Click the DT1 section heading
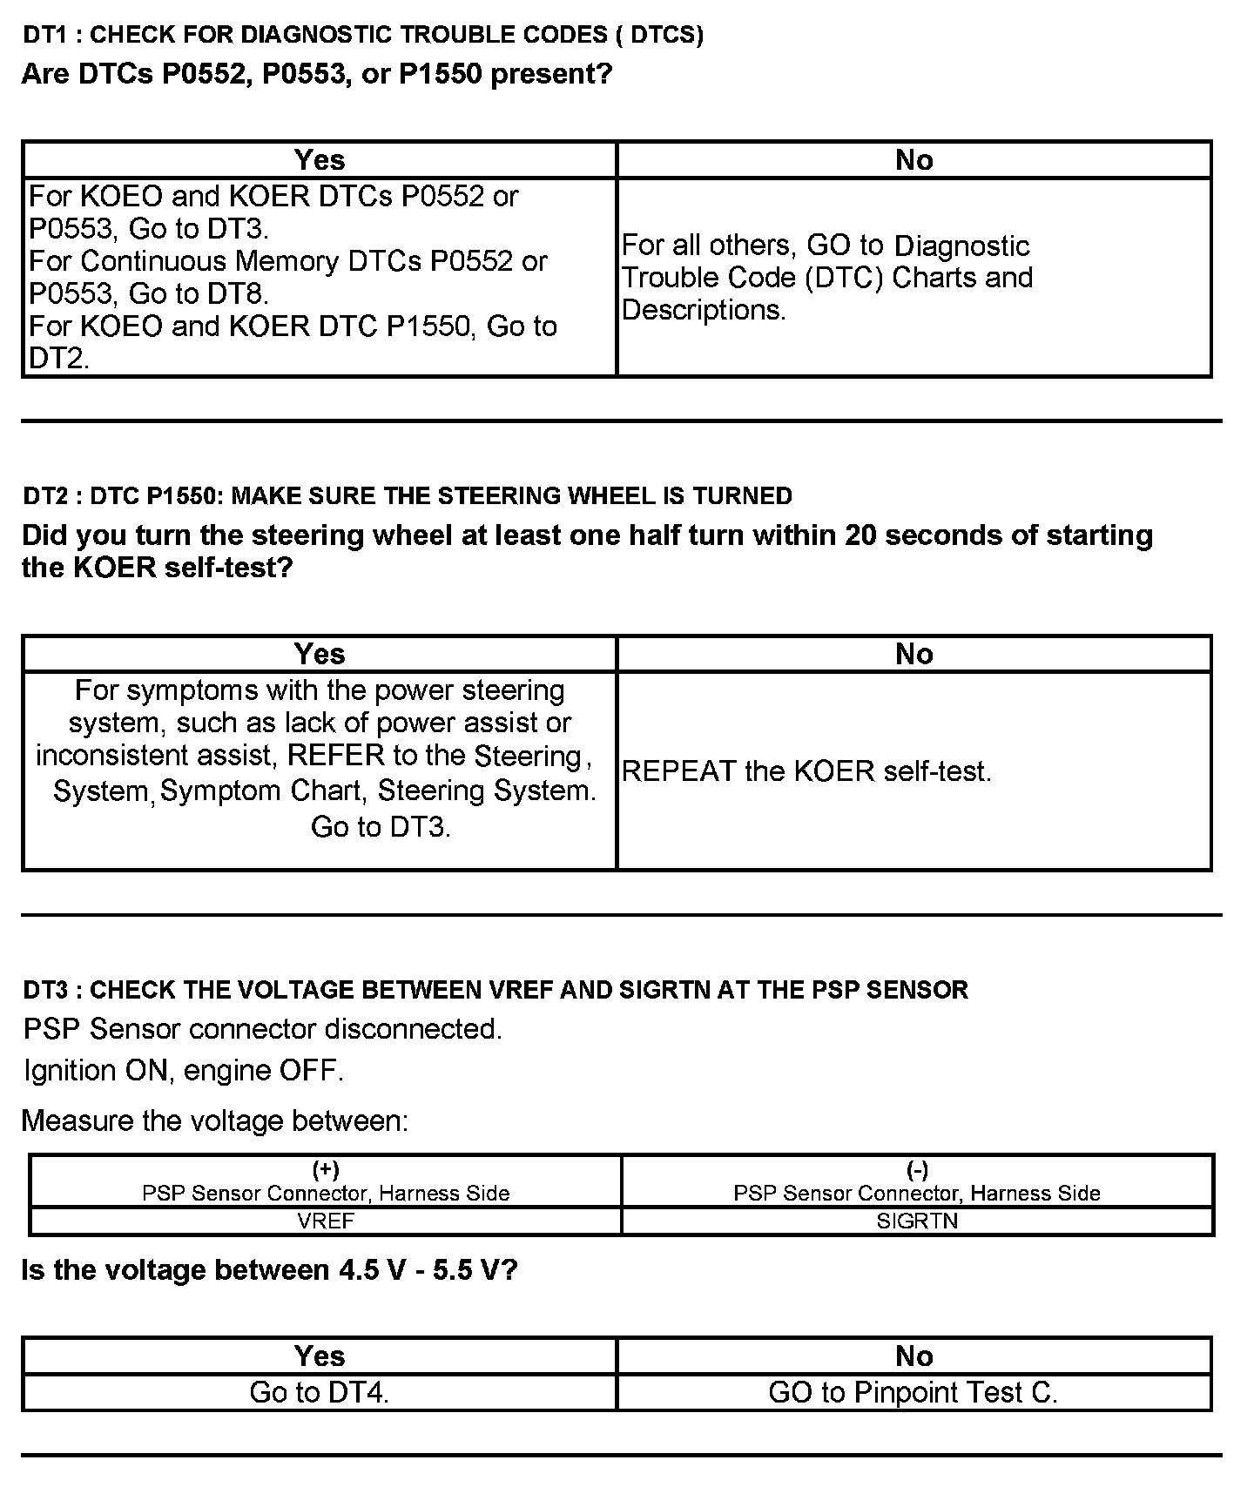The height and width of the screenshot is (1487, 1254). pos(363,35)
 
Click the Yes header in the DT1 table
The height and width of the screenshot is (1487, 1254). pos(320,160)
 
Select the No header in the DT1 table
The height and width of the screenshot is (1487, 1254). pos(914,160)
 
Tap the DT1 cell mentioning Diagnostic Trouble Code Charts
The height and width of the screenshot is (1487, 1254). pos(827,278)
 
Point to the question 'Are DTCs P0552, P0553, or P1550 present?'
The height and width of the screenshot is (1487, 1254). pos(317,74)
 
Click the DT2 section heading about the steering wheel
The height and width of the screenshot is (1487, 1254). pos(408,496)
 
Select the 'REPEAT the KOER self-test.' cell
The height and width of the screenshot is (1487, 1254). pos(807,771)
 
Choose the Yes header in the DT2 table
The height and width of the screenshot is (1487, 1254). pos(320,654)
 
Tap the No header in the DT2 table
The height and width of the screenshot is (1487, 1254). pos(914,654)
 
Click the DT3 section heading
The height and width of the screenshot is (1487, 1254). pos(496,990)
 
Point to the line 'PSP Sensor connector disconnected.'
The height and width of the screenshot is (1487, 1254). pos(263,1029)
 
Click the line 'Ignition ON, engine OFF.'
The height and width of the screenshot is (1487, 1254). pos(184,1070)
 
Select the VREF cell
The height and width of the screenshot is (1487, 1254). pos(326,1221)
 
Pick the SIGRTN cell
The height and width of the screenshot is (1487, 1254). pos(917,1221)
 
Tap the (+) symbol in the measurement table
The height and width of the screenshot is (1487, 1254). pos(326,1170)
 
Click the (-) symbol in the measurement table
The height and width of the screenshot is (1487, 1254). pos(917,1170)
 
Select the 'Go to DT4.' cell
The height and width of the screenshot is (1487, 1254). pos(320,1393)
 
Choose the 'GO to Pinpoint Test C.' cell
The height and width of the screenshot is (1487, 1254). pos(914,1393)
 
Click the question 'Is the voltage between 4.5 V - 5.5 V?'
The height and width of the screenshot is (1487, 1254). pos(270,1270)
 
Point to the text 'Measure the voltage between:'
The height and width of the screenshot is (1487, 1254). pos(215,1120)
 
